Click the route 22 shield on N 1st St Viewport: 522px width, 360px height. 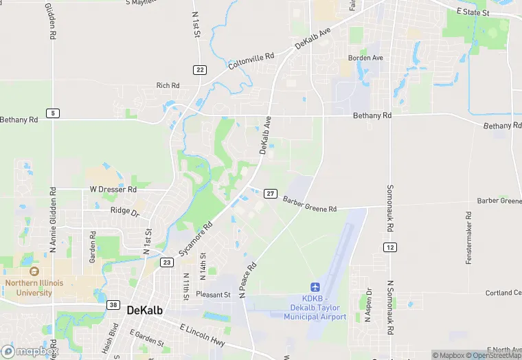(x=200, y=69)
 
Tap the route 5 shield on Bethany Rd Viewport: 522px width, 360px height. (x=53, y=113)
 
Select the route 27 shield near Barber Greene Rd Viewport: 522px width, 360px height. (x=271, y=194)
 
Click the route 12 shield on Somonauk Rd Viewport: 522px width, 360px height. (x=390, y=247)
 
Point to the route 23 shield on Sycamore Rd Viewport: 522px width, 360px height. (x=167, y=262)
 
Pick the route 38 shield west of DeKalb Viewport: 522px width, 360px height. (x=113, y=304)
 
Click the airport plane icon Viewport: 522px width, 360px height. (x=315, y=286)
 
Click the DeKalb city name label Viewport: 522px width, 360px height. (x=145, y=311)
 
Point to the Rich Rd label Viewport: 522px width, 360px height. (x=168, y=86)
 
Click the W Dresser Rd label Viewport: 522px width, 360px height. (x=113, y=189)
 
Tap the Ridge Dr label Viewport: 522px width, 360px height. (x=124, y=213)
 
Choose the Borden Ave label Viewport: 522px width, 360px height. (x=365, y=58)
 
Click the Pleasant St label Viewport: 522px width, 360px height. (x=213, y=295)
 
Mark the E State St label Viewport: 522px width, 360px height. (x=473, y=12)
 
